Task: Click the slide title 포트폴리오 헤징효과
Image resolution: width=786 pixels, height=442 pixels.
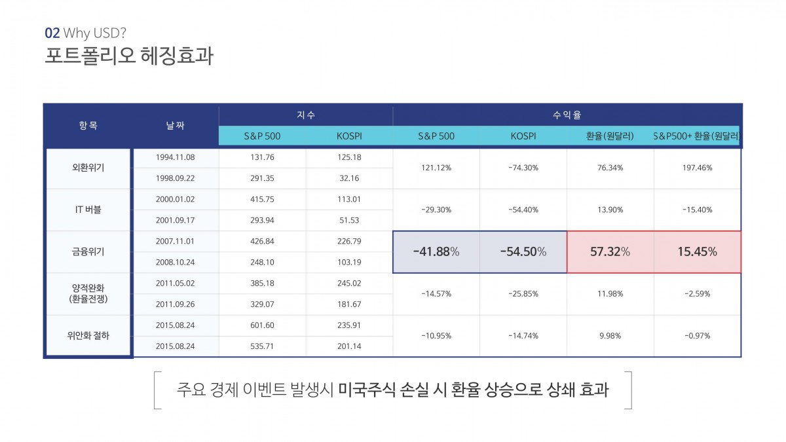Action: (x=128, y=55)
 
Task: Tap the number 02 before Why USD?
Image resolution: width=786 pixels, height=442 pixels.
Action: (x=52, y=33)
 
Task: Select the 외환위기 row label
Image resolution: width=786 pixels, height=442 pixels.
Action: (x=88, y=168)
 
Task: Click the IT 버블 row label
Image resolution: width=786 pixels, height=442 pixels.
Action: (x=88, y=210)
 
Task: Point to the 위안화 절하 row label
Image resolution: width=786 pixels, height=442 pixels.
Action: (x=88, y=335)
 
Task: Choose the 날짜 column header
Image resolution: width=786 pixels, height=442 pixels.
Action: (x=176, y=126)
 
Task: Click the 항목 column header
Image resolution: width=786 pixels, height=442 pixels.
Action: (x=88, y=126)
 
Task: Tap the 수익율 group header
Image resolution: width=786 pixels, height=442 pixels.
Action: (x=567, y=115)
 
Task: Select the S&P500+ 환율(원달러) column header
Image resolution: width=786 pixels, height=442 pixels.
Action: (x=696, y=136)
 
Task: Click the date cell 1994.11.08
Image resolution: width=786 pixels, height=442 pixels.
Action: (x=176, y=157)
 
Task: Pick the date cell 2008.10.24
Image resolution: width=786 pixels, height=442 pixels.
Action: (x=176, y=262)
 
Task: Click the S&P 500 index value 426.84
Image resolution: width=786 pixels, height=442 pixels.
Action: (x=262, y=241)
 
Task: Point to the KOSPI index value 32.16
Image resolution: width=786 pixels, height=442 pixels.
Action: (x=348, y=178)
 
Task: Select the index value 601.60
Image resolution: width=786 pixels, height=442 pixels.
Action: (x=262, y=325)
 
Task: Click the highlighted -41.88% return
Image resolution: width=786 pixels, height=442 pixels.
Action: (x=436, y=251)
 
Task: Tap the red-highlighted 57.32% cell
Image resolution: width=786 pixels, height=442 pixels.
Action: (x=610, y=251)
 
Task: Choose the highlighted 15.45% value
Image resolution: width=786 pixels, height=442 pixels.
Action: (x=697, y=251)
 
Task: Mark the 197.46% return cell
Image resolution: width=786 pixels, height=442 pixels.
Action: (x=697, y=168)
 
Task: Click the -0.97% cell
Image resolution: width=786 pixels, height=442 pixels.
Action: (x=697, y=335)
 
